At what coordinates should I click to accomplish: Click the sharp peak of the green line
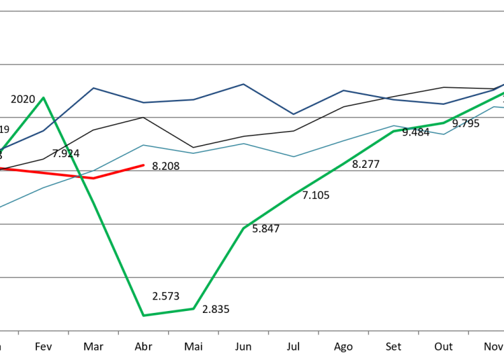click(x=44, y=98)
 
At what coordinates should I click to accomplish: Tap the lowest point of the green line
click(x=143, y=315)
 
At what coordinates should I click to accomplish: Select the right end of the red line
click(x=144, y=165)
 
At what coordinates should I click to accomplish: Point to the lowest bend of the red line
click(x=93, y=178)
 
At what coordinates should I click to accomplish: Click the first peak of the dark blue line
click(x=93, y=88)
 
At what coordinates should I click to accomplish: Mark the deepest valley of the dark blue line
click(x=293, y=114)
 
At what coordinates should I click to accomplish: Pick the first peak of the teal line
click(x=143, y=144)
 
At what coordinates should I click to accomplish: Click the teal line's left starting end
click(x=1, y=207)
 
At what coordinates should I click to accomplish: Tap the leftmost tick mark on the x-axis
click(x=18, y=332)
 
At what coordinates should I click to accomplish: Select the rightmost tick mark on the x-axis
click(x=468, y=332)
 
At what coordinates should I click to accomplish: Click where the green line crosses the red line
click(x=81, y=177)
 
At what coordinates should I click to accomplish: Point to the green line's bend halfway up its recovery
click(x=243, y=228)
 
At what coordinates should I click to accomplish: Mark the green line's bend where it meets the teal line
click(x=394, y=130)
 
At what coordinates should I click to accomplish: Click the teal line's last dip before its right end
click(x=444, y=134)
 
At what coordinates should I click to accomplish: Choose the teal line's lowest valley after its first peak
click(x=293, y=156)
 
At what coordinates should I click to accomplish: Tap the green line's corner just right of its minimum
click(x=194, y=308)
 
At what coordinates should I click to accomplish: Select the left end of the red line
click(x=1, y=168)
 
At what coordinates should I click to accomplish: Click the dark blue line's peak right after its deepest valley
click(x=343, y=90)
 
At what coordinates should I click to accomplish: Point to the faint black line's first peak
click(x=143, y=117)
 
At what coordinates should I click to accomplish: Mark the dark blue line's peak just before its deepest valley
click(x=243, y=84)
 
